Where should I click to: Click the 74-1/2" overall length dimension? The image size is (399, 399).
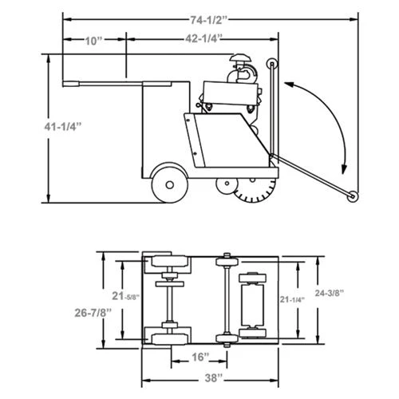coord(209,20)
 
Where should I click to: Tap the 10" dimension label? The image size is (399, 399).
coord(93,41)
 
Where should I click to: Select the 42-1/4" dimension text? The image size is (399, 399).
coord(203,39)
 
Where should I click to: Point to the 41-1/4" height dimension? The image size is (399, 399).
coord(63,127)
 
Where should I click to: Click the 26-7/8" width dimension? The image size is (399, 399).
coord(93,313)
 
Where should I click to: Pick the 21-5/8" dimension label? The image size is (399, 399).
coord(126,296)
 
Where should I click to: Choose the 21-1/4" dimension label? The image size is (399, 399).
coord(292,299)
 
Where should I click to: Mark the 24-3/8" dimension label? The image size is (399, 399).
coord(330,293)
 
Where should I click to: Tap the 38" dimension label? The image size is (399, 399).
coord(214,378)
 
